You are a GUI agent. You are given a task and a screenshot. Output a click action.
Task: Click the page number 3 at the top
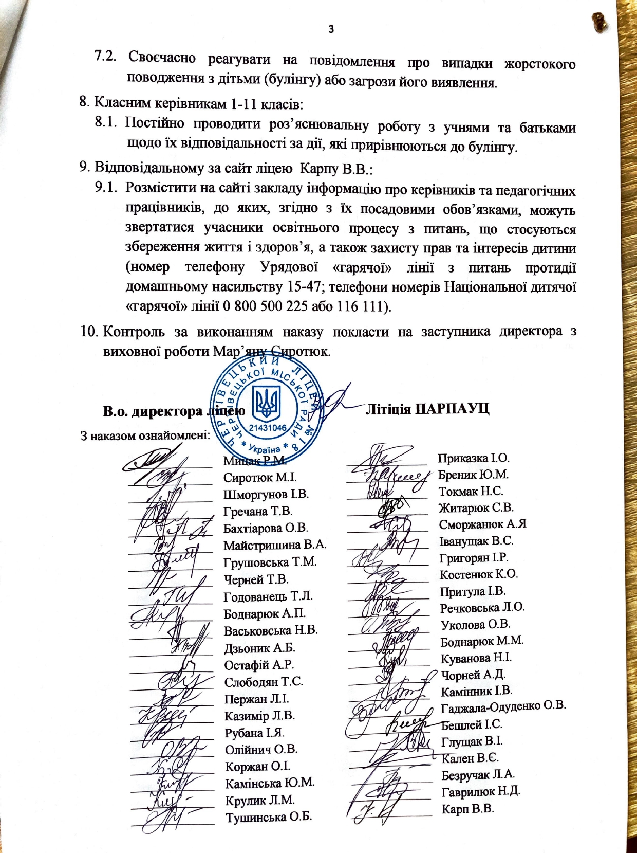331,29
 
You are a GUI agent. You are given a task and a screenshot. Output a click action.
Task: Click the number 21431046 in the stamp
268,428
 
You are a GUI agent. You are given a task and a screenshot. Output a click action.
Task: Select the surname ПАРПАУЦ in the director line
452,409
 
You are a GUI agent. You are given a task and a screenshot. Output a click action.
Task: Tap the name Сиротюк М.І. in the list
260,478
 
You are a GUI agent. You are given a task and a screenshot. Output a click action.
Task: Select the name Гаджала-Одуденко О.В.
503,706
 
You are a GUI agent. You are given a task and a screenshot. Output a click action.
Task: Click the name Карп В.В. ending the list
467,809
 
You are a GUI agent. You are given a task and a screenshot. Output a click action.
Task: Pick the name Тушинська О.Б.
269,817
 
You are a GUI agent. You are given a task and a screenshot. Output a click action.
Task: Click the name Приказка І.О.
473,458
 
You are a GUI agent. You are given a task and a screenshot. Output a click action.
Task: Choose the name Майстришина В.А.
275,545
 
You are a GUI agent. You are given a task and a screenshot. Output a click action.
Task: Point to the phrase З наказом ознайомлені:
145,436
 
